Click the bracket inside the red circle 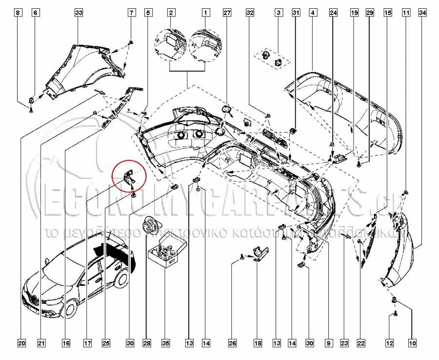click(x=129, y=177)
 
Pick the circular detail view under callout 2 click(x=171, y=45)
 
